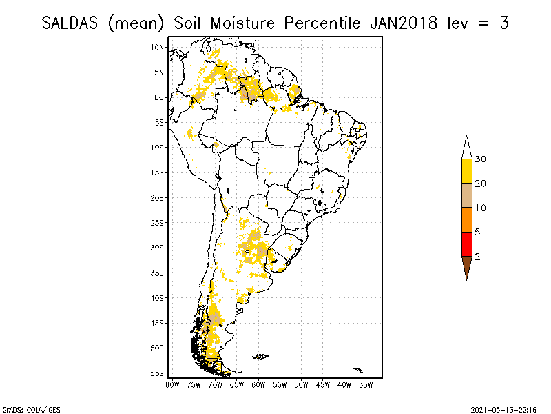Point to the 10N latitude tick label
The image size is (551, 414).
click(158, 47)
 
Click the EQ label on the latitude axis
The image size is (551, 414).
click(159, 97)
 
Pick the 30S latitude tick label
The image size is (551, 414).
click(158, 248)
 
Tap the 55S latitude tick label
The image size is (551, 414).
click(158, 373)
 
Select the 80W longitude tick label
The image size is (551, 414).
click(172, 384)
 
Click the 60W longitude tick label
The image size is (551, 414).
click(259, 384)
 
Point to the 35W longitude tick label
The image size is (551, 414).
click(366, 384)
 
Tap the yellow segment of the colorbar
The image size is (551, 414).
click(466, 171)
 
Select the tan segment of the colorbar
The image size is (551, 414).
click(466, 195)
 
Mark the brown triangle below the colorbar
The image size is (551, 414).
click(466, 266)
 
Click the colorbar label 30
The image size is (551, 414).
click(481, 159)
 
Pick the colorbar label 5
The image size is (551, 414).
click(478, 232)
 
